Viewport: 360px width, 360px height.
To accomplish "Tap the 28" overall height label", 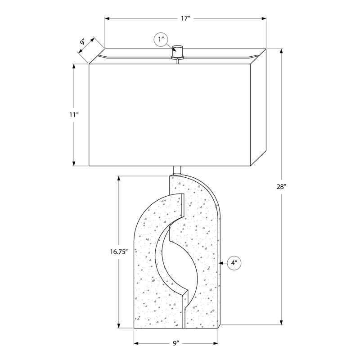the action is click(x=282, y=187).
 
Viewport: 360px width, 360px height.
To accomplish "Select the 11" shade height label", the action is click(x=74, y=115).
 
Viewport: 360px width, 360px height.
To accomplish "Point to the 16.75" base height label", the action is click(x=119, y=252).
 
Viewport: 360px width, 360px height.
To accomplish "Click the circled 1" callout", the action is click(x=161, y=40).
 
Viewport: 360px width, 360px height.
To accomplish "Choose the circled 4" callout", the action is click(x=234, y=263).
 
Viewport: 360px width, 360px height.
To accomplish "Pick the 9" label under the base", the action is click(x=176, y=343).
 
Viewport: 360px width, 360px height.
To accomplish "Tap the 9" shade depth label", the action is click(x=83, y=42).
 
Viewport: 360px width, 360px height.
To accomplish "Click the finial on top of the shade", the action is click(x=177, y=52).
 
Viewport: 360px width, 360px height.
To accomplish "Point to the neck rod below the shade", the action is click(x=177, y=171).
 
